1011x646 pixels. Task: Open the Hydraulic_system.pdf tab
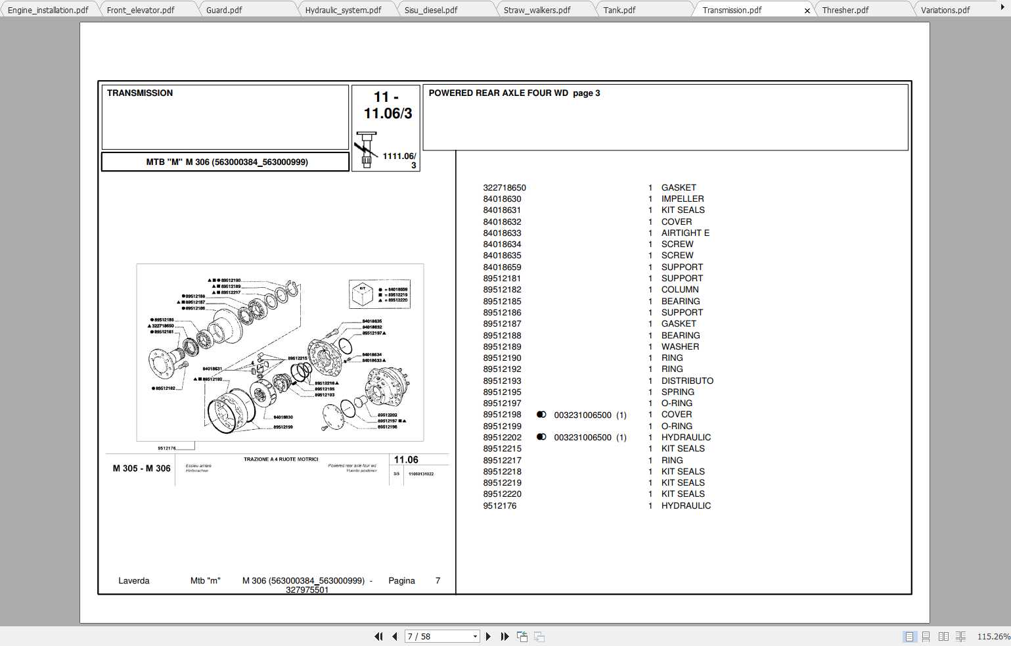click(x=343, y=10)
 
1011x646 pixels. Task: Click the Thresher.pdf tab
click(x=845, y=10)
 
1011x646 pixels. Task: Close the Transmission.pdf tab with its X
click(x=807, y=11)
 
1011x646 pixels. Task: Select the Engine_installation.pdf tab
click(x=48, y=10)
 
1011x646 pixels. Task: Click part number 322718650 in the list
click(x=504, y=187)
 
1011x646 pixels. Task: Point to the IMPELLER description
click(x=682, y=198)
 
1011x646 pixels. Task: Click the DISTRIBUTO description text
click(x=686, y=381)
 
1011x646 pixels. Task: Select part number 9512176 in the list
click(x=499, y=505)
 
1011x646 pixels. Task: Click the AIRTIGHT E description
click(x=685, y=233)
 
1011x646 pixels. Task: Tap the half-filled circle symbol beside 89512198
click(x=541, y=415)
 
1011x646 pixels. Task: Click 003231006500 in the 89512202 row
click(x=582, y=437)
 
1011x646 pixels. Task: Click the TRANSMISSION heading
click(x=140, y=93)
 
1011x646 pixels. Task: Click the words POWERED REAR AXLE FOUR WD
click(x=498, y=93)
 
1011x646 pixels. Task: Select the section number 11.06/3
click(x=388, y=113)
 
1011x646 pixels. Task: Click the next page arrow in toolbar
click(x=488, y=636)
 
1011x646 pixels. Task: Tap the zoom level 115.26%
click(x=993, y=636)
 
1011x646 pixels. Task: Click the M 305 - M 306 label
click(x=141, y=469)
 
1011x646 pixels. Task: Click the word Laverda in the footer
click(x=133, y=580)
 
